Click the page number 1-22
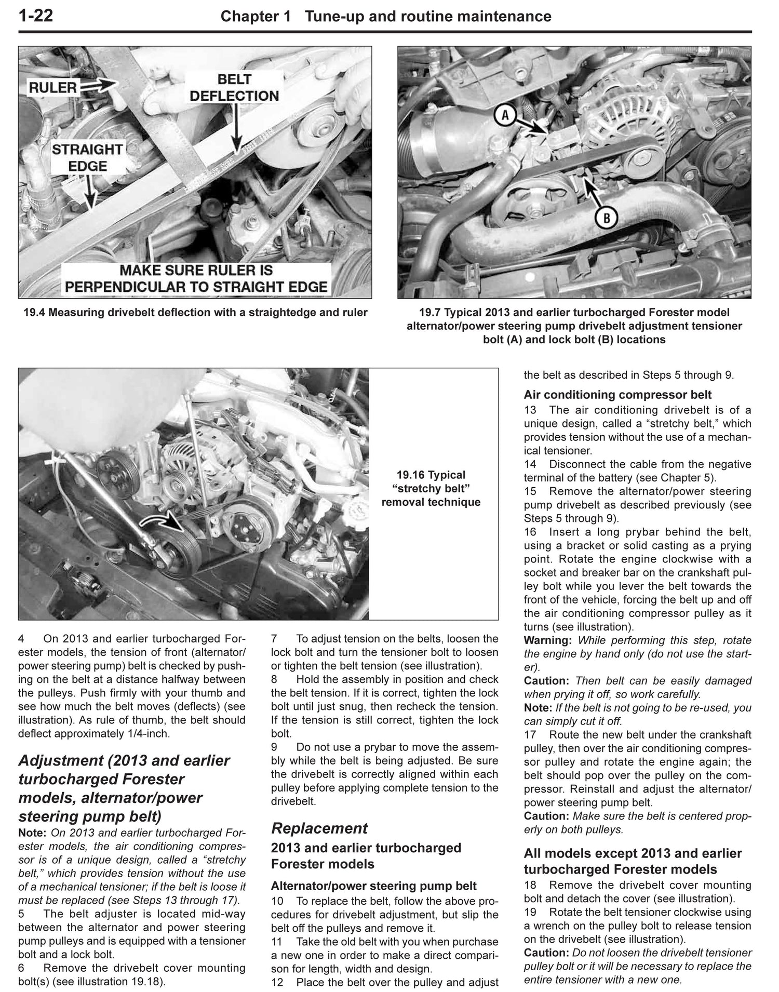coord(35,16)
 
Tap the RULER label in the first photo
coord(52,88)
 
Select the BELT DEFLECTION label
coord(234,88)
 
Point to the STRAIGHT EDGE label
coord(87,158)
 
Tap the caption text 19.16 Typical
coord(431,475)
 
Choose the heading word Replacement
coord(319,828)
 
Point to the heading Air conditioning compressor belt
coord(617,395)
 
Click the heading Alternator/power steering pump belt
coord(373,886)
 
